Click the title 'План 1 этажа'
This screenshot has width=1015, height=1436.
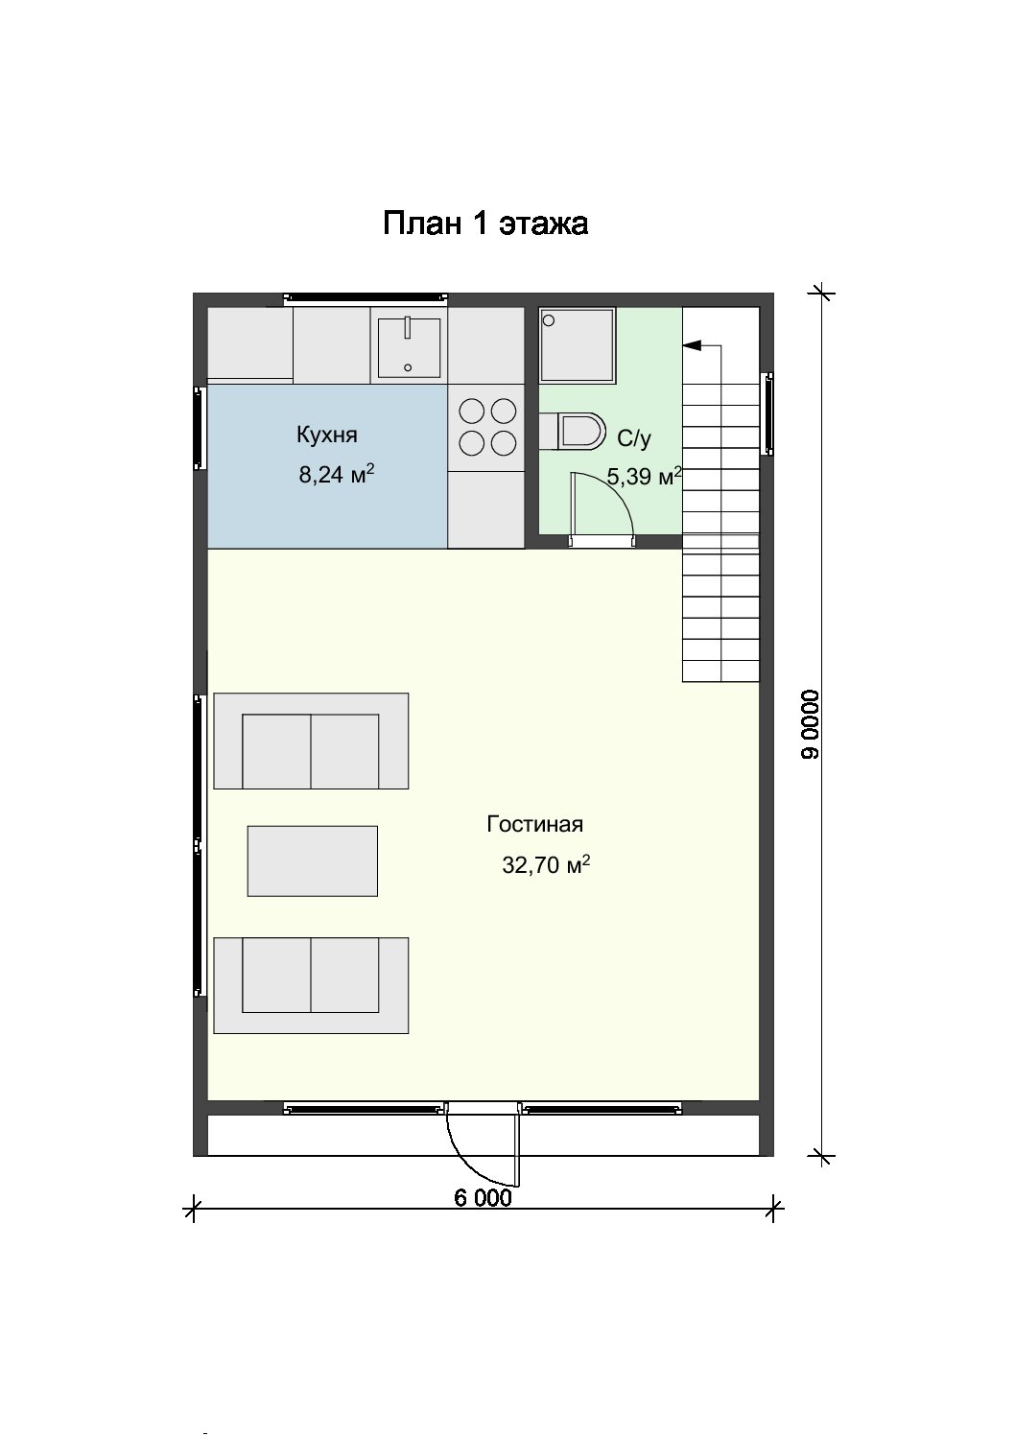pyautogui.click(x=485, y=224)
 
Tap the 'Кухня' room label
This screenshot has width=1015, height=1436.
pyautogui.click(x=326, y=435)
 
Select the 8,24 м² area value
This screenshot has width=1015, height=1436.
pyautogui.click(x=337, y=475)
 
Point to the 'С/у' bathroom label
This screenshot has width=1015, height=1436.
pyautogui.click(x=633, y=438)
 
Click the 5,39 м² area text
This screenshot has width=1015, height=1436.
pyautogui.click(x=644, y=477)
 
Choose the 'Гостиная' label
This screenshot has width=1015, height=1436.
pyautogui.click(x=534, y=824)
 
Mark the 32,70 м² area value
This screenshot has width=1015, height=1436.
pyautogui.click(x=546, y=865)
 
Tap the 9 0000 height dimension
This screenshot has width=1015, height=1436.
pyautogui.click(x=810, y=725)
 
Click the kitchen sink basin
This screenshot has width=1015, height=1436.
pyautogui.click(x=409, y=347)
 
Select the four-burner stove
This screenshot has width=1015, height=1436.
pyautogui.click(x=487, y=427)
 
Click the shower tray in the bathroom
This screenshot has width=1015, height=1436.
pyautogui.click(x=578, y=345)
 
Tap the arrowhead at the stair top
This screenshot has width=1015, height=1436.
pyautogui.click(x=691, y=345)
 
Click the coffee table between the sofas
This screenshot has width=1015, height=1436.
pyautogui.click(x=312, y=861)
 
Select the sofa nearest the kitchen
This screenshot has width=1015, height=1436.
pyautogui.click(x=311, y=741)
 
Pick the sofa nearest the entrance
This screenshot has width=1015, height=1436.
pyautogui.click(x=311, y=985)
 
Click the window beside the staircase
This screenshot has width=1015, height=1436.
pyautogui.click(x=767, y=413)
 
